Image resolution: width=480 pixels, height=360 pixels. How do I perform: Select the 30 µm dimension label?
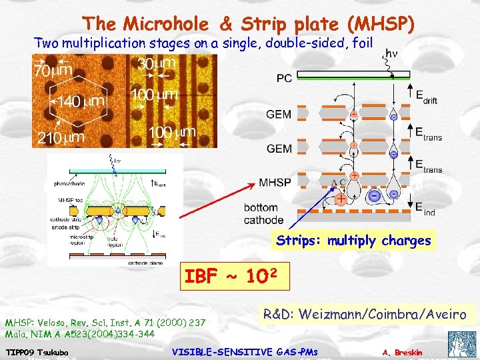point(157,64)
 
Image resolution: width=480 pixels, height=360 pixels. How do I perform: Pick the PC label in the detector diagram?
point(284,79)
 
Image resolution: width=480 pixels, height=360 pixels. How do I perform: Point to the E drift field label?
point(427,97)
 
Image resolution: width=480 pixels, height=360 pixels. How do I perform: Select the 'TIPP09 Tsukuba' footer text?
point(33,351)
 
